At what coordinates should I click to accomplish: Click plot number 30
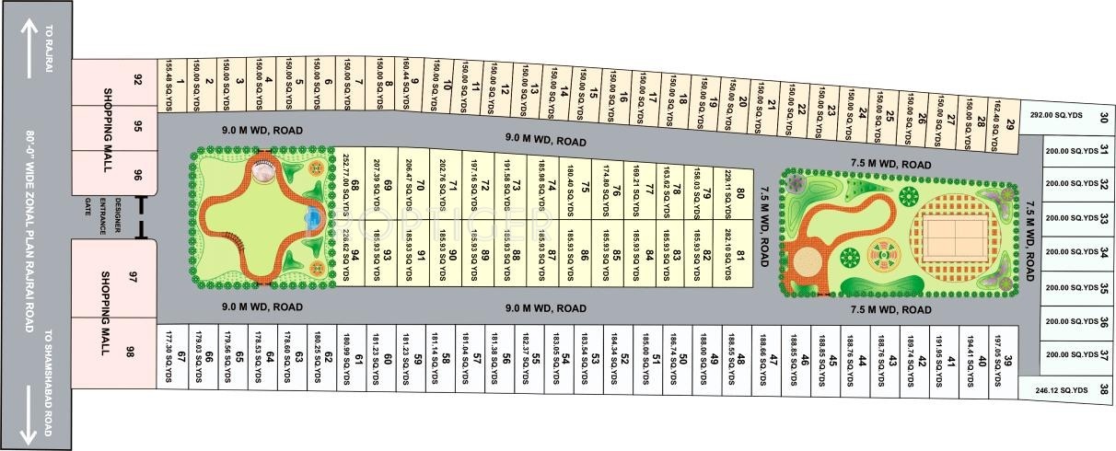pyautogui.click(x=1104, y=117)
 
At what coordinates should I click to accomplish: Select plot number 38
pyautogui.click(x=1104, y=389)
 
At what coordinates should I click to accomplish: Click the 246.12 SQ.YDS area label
pyautogui.click(x=1061, y=389)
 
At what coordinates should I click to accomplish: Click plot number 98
pyautogui.click(x=130, y=352)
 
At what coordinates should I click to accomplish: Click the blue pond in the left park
pyautogui.click(x=312, y=218)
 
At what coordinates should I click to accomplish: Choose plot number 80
pyautogui.click(x=740, y=194)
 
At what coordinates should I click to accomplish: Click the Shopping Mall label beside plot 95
pyautogui.click(x=107, y=128)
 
